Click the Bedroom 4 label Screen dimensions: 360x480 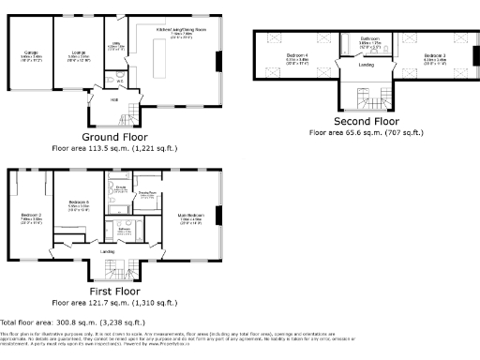297,58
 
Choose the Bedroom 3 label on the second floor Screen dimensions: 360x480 434,58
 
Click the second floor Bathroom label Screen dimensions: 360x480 369,42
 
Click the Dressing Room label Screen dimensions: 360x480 147,194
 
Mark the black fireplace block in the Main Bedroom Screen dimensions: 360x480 220,216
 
